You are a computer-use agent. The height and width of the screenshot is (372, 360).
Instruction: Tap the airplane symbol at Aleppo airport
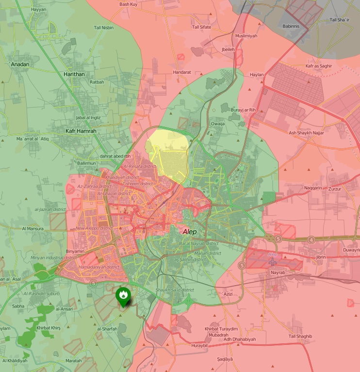[273, 261]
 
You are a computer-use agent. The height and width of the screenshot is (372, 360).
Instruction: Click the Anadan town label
[19, 64]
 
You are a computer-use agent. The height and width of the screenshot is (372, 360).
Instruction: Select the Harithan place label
[74, 74]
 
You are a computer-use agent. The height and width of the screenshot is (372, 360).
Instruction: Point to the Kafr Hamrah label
[81, 131]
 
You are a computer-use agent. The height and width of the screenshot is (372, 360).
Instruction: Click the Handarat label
[182, 72]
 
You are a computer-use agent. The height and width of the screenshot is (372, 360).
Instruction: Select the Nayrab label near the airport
[278, 273]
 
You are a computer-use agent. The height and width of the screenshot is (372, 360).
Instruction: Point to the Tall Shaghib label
[300, 336]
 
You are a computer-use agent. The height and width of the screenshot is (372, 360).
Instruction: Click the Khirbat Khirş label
[48, 328]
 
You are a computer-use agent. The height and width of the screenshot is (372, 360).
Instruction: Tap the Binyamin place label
[75, 251]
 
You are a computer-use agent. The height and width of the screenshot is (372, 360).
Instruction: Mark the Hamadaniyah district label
[98, 267]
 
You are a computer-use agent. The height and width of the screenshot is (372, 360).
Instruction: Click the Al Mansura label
[33, 228]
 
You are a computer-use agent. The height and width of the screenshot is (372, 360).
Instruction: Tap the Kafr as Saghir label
[319, 65]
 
